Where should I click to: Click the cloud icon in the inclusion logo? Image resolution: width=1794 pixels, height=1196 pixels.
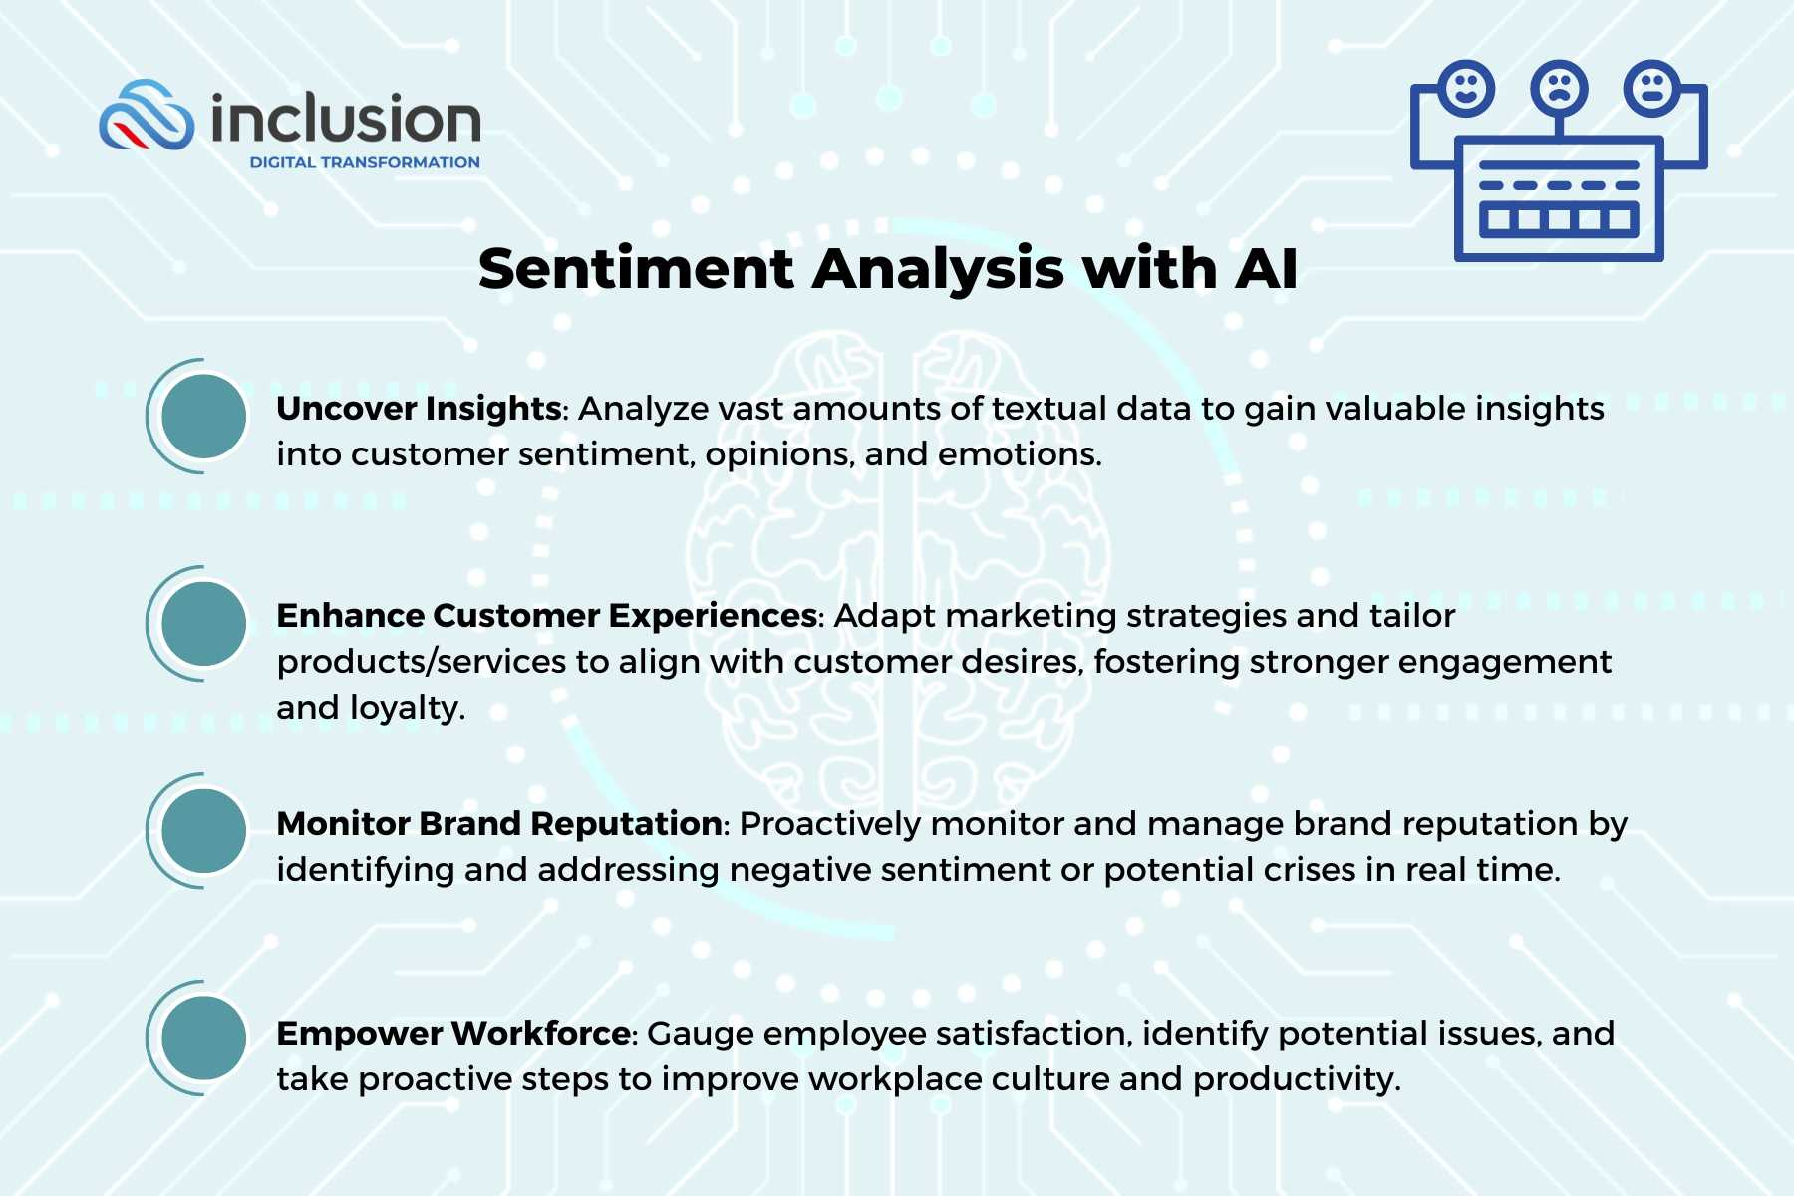point(148,117)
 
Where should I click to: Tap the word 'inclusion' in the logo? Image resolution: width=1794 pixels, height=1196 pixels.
point(346,120)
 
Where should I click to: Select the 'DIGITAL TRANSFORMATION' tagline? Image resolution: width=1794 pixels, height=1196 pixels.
point(365,162)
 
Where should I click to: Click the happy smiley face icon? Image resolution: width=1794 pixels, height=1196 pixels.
point(1466,88)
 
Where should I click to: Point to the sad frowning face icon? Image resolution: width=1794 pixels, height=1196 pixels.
point(1559,88)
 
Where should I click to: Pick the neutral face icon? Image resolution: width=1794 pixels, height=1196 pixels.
point(1651,88)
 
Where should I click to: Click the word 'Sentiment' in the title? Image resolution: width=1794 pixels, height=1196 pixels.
point(636,269)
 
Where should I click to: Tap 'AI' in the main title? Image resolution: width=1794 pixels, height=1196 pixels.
point(1266,269)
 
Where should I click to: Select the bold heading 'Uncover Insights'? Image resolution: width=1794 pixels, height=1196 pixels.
point(419,409)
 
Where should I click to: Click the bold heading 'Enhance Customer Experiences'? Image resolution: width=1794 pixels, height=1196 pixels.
point(546,616)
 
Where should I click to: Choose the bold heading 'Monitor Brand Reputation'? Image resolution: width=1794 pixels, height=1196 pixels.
point(498,824)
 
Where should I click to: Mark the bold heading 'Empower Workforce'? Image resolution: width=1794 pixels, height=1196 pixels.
point(452,1034)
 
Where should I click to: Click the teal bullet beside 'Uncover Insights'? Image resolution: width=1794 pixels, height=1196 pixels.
point(203,416)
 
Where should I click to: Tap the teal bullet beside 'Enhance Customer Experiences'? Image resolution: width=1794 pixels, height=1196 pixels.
point(203,624)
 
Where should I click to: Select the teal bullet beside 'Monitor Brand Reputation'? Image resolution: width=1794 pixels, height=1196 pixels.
point(203,831)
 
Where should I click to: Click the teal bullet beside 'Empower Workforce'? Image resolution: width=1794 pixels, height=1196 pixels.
point(203,1039)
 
